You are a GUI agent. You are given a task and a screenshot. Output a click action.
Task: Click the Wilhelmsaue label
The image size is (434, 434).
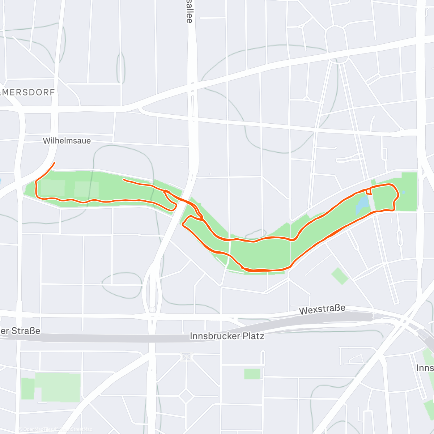(x=67, y=141)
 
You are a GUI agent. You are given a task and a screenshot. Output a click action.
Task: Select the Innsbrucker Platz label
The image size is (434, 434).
(x=227, y=336)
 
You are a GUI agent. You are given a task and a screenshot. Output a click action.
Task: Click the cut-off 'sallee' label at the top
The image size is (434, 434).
(x=189, y=12)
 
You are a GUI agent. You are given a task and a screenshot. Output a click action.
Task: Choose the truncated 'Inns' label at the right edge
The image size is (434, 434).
(x=425, y=368)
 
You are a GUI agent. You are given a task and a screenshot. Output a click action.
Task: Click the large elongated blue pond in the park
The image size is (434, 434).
(x=362, y=205)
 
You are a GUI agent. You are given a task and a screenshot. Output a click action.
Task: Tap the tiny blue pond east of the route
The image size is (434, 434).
(x=404, y=192)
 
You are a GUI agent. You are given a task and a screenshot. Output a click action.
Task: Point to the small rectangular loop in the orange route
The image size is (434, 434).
(x=369, y=191)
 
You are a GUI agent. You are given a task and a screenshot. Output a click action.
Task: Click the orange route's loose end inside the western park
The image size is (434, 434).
(x=124, y=179)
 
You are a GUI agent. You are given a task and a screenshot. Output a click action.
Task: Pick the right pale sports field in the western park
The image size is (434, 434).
(x=86, y=189)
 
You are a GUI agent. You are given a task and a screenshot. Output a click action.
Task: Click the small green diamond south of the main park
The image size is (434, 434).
(x=340, y=276)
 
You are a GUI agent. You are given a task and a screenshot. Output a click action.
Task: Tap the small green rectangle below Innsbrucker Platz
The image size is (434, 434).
(x=252, y=374)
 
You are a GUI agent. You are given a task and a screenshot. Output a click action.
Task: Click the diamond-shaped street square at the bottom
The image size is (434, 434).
(x=186, y=396)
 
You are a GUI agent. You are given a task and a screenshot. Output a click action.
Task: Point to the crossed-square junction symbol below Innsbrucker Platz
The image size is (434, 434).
(x=186, y=357)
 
